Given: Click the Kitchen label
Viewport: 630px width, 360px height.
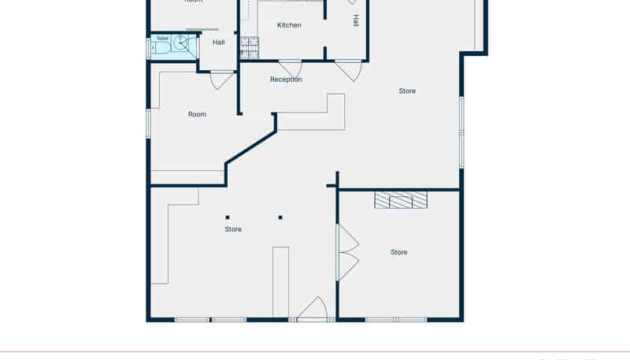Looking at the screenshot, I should click(289, 25).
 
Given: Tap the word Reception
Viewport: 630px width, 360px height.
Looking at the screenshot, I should click(286, 80).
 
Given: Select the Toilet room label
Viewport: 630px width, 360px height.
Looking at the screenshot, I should click(162, 38).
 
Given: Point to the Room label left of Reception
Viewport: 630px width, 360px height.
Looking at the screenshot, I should click(197, 114).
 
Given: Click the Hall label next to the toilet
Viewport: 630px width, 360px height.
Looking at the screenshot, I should click(219, 43).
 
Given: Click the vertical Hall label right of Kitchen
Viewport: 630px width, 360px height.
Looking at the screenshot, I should click(356, 20).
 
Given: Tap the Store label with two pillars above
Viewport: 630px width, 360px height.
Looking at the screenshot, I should click(233, 229).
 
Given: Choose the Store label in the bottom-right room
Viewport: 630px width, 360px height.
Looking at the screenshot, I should click(399, 252).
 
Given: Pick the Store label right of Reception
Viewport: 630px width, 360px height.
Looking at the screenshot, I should click(407, 91).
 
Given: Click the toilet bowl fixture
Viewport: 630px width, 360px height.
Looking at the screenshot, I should click(161, 47).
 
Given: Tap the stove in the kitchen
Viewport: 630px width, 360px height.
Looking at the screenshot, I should click(250, 49).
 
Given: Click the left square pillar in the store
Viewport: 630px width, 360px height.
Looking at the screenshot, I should click(228, 217).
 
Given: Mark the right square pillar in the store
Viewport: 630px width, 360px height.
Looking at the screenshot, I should click(280, 217).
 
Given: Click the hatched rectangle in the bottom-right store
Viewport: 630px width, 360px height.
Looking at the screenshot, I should click(401, 200).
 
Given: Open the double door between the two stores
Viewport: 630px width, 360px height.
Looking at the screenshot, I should click(347, 253).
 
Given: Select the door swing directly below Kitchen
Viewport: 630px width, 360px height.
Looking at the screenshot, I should click(290, 69).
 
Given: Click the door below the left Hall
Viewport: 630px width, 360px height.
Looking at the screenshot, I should click(221, 79).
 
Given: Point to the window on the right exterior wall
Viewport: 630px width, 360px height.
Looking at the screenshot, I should click(461, 132).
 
